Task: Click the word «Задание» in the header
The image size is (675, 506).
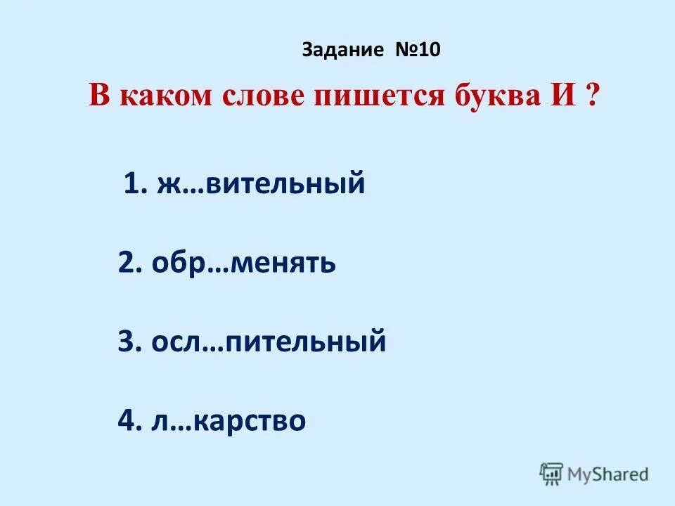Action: (x=343, y=51)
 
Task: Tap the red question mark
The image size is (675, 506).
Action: (x=589, y=96)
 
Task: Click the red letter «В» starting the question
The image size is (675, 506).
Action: (x=99, y=96)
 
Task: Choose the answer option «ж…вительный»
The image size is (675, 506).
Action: (x=258, y=184)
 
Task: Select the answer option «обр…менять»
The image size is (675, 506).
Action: (x=243, y=264)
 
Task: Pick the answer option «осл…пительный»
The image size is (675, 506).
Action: (x=268, y=343)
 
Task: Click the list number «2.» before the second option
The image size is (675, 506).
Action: (x=131, y=264)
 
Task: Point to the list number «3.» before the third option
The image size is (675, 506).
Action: (x=131, y=343)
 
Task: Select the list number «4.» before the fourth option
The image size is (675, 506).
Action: (x=131, y=422)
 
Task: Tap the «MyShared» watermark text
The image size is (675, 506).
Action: (x=609, y=474)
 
